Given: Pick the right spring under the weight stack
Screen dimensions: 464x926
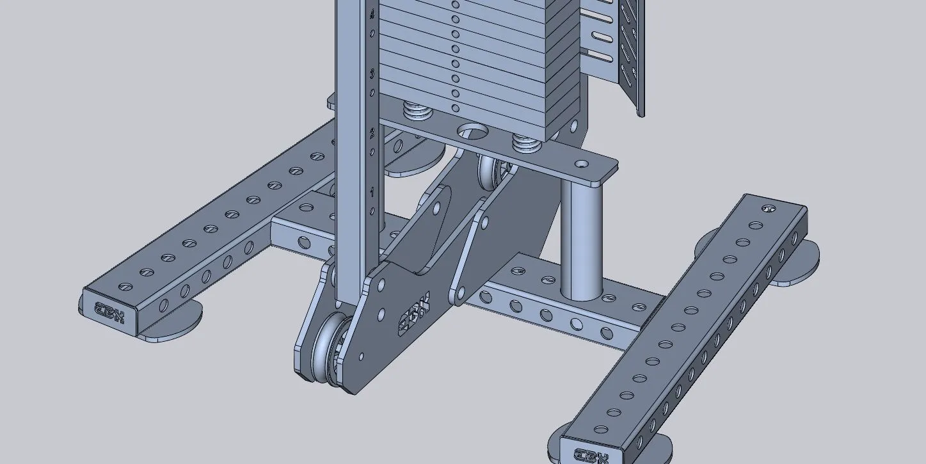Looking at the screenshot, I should coord(526,142).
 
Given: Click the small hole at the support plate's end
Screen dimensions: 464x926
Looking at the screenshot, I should coord(582,164).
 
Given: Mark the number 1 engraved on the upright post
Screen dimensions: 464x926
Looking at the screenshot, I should coord(372,192).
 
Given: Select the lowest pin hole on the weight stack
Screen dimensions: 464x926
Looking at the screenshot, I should coord(455,109).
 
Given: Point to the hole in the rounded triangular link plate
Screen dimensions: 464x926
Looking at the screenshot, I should coord(436,209).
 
